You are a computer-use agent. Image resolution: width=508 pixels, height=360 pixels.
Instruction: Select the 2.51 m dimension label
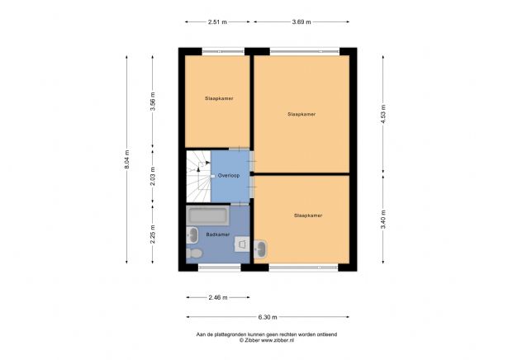pos(218,22)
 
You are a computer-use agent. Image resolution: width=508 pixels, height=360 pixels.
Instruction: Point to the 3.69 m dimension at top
pos(301,22)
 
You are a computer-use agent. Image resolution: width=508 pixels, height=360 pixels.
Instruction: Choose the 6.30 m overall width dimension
pos(267,317)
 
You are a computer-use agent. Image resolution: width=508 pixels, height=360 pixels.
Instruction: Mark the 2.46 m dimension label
pos(216,297)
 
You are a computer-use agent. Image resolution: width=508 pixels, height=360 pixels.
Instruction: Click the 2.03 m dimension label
pos(153,176)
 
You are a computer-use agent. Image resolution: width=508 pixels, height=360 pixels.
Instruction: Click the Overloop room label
pos(229,176)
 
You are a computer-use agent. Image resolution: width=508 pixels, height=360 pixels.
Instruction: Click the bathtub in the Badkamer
pos(208,216)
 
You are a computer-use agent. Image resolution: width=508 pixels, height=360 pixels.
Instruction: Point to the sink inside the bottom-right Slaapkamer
pos(260,247)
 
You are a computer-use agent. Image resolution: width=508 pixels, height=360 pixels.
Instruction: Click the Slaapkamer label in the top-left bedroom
pos(218,98)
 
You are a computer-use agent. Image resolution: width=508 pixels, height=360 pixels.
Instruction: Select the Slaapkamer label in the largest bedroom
pos(301,114)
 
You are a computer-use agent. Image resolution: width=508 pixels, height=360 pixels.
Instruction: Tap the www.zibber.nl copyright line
pos(266,340)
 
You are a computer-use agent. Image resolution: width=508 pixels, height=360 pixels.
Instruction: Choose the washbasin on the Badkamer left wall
pos(192,234)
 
